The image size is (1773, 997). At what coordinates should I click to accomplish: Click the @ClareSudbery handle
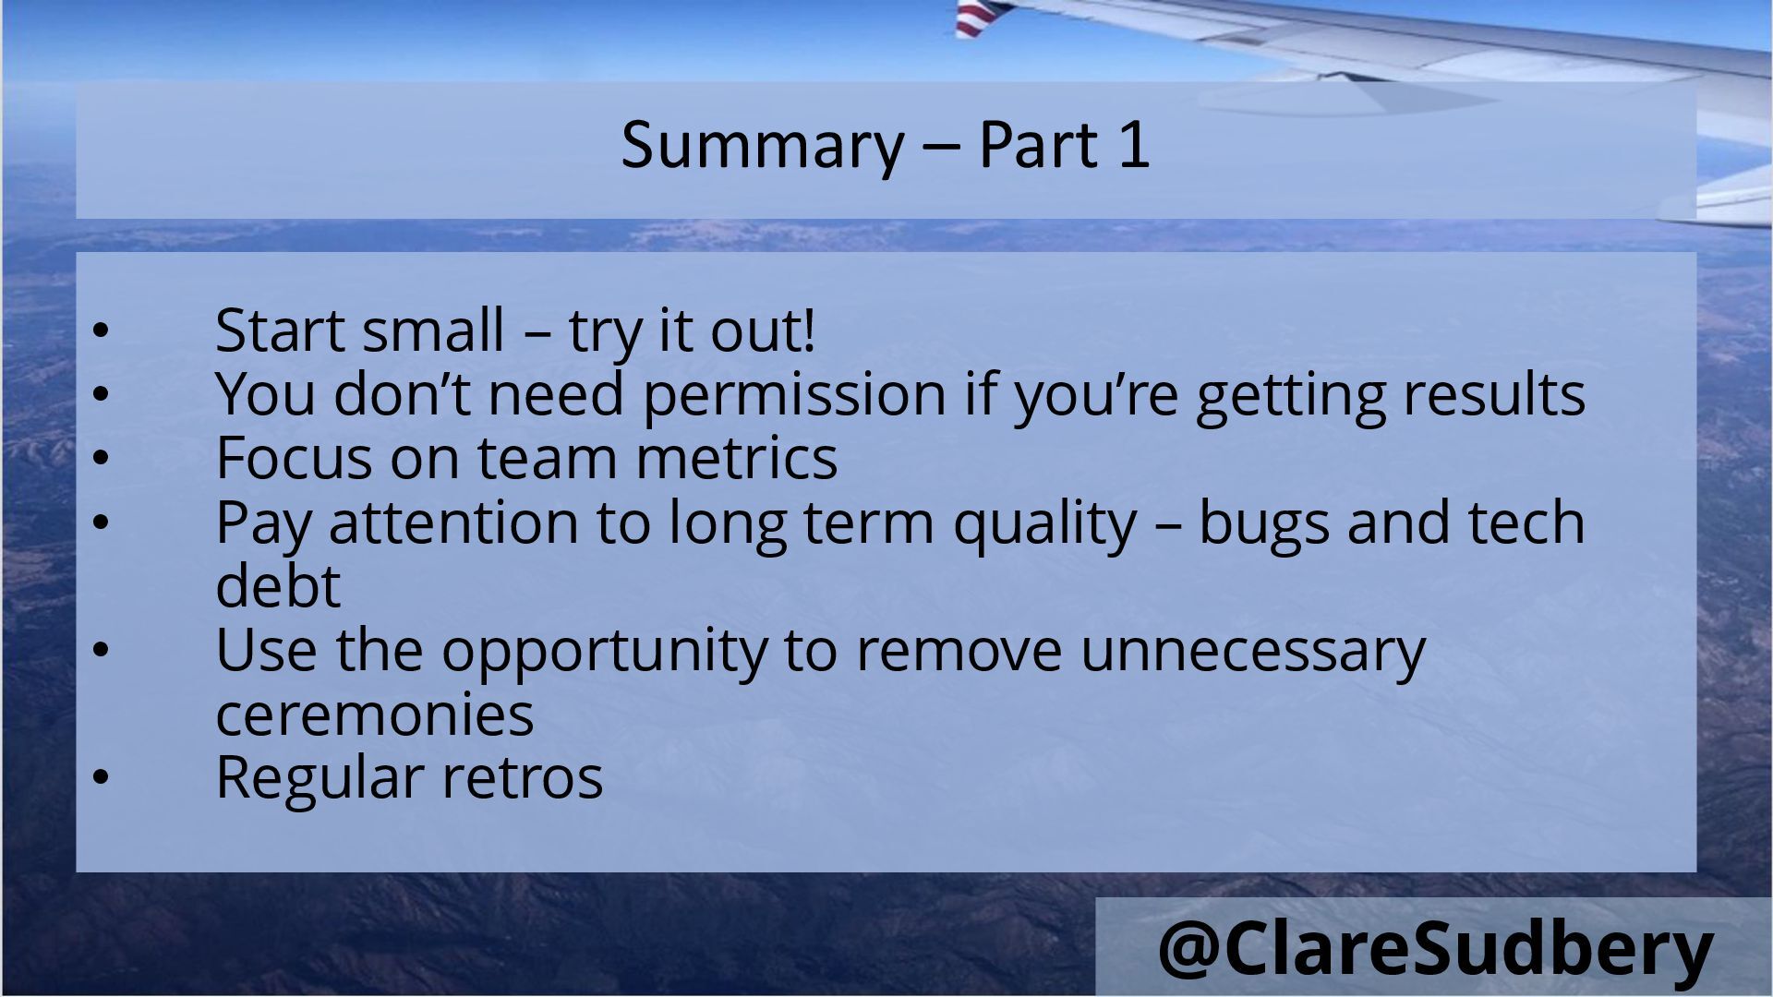click(x=1436, y=948)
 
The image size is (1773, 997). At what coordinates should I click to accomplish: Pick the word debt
click(x=278, y=584)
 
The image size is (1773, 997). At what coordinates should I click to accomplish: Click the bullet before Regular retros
click(x=101, y=777)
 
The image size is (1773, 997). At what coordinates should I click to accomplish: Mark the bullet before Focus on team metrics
click(x=101, y=458)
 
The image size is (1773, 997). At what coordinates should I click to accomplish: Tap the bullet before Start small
click(x=101, y=330)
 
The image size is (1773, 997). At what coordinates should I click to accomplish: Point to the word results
click(x=1493, y=394)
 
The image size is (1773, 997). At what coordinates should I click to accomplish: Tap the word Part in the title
click(x=1038, y=146)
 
